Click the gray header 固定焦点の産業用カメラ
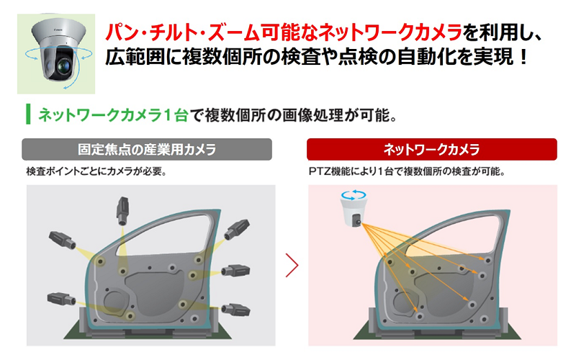(x=147, y=150)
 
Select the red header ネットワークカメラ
(x=431, y=150)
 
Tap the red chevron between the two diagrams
(x=292, y=265)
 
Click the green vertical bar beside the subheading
(x=28, y=114)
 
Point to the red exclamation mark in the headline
(x=523, y=57)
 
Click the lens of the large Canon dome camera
(x=63, y=66)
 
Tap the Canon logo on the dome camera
(x=58, y=28)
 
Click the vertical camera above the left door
(x=122, y=210)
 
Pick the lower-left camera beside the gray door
(x=61, y=299)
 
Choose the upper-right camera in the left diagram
(x=237, y=229)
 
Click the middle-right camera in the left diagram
(x=235, y=271)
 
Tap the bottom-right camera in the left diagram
(x=236, y=309)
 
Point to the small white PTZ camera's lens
(x=357, y=221)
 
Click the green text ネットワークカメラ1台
(x=113, y=115)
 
